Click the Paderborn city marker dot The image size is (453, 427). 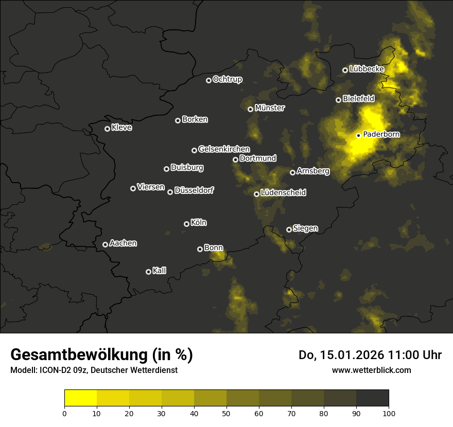click(358, 135)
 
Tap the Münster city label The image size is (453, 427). click(270, 108)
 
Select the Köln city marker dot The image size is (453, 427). click(186, 224)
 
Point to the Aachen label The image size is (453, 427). click(123, 243)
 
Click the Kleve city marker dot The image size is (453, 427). click(107, 129)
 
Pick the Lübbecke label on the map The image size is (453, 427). click(367, 69)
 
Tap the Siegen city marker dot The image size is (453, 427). click(289, 229)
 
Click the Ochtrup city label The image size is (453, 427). click(227, 79)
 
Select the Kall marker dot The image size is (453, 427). click(148, 272)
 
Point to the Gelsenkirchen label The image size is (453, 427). click(224, 149)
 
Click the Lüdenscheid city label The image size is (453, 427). click(283, 193)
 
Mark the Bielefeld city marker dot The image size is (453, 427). click(338, 100)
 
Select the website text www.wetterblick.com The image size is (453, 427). click(371, 370)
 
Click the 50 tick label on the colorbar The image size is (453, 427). click(226, 413)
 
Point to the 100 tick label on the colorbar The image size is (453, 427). click(389, 413)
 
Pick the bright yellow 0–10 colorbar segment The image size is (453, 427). click(81, 398)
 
